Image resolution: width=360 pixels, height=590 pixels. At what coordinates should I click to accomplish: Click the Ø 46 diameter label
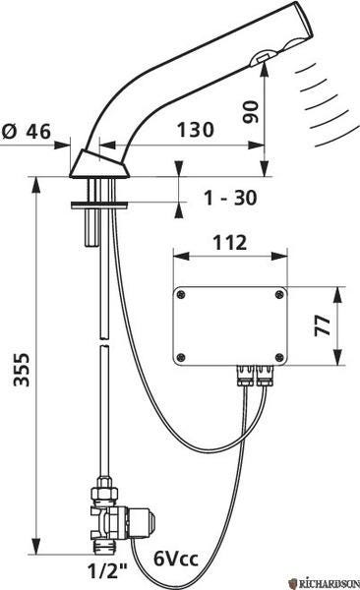coord(26,132)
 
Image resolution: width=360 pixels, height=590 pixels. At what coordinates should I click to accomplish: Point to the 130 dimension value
coord(196,130)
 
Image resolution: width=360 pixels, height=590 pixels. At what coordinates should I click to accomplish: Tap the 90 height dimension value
coord(251,112)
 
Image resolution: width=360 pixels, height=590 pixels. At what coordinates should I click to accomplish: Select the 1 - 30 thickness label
coord(230,198)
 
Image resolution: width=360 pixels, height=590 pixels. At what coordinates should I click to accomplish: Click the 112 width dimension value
coord(230,243)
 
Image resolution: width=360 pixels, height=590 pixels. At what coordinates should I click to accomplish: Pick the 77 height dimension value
coord(323,325)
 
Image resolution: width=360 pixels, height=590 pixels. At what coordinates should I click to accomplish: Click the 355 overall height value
coord(22,370)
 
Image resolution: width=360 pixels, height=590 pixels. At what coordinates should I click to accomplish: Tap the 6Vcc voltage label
coord(176,559)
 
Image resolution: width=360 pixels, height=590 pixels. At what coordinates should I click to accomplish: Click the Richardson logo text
coord(327,583)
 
